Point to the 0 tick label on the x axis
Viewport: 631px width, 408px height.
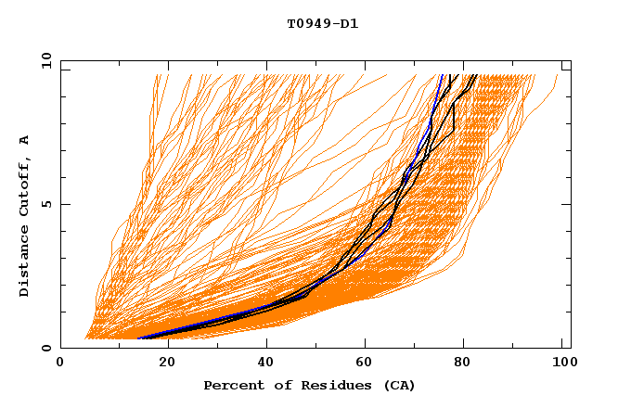click(x=60, y=363)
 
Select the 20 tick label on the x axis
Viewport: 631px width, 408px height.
click(x=161, y=363)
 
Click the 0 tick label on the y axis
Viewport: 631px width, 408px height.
click(x=46, y=349)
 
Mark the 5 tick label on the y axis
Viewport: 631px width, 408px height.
click(x=46, y=205)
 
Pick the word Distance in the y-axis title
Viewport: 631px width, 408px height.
click(x=24, y=264)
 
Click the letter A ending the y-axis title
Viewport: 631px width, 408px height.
click(x=24, y=139)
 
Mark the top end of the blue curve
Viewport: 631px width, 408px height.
click(x=443, y=75)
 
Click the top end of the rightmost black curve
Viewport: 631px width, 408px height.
click(x=477, y=75)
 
